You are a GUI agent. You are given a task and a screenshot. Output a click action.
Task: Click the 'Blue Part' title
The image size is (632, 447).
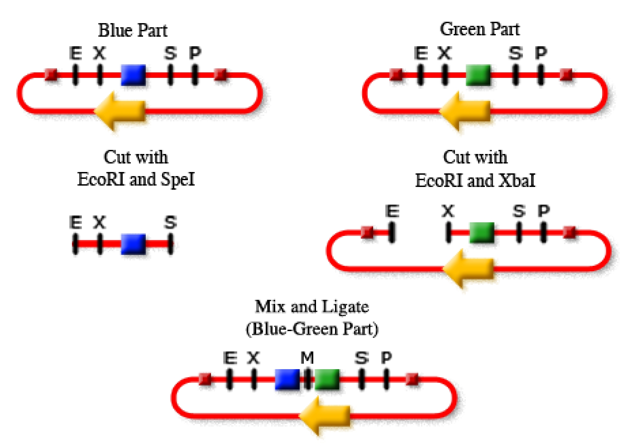pos(133,30)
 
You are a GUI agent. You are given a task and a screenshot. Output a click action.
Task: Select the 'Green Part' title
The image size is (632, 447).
pos(479,29)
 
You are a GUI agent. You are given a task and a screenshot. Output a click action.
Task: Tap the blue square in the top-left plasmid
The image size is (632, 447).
pos(133,75)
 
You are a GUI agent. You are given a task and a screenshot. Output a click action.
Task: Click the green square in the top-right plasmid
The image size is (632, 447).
pos(478,75)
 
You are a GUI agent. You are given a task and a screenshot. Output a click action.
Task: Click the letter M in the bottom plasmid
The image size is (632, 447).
pos(307,358)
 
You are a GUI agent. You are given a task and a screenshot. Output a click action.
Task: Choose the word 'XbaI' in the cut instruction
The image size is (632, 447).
pos(517,180)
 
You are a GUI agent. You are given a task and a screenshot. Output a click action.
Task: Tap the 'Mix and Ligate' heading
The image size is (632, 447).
pos(312,307)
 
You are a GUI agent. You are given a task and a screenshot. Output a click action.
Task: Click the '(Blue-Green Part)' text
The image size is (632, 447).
pos(312,329)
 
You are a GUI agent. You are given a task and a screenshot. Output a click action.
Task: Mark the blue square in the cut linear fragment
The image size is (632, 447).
pos(133,244)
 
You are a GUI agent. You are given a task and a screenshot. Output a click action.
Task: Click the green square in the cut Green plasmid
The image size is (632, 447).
pos(482,233)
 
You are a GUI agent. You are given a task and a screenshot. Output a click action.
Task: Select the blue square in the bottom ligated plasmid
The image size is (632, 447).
pos(287,379)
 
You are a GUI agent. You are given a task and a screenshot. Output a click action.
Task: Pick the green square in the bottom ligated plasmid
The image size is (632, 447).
pos(327,379)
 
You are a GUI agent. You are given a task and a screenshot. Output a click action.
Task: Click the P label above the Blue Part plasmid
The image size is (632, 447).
pos(195,53)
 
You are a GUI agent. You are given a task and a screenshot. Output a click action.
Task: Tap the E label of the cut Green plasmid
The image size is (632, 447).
pos(392,211)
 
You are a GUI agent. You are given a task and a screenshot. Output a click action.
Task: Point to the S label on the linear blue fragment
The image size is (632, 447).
pos(170,222)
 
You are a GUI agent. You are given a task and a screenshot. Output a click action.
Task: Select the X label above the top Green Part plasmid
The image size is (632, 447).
pos(444,53)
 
